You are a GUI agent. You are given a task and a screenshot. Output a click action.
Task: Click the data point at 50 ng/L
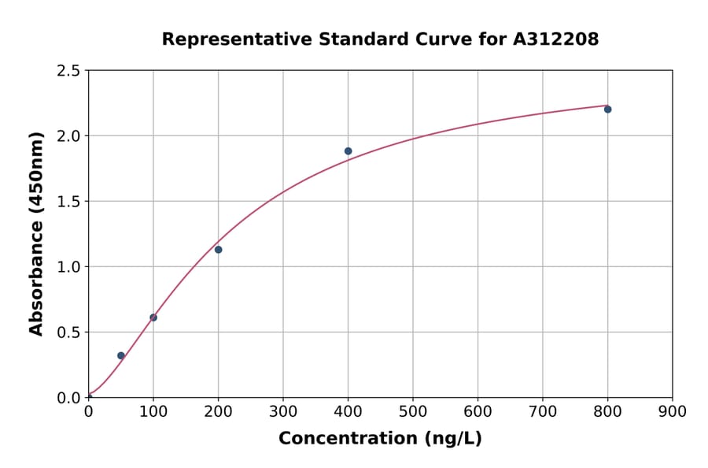pos(121,355)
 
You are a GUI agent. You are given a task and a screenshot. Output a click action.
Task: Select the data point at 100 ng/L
pos(153,318)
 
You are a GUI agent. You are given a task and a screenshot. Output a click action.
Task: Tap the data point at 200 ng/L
pos(218,250)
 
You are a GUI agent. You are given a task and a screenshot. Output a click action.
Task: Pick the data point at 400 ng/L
pos(348,151)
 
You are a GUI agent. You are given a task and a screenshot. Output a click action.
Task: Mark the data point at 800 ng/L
pos(607,110)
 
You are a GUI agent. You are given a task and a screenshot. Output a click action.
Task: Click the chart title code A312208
pos(556,39)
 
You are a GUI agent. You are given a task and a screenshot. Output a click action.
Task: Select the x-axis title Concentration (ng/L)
pos(380,439)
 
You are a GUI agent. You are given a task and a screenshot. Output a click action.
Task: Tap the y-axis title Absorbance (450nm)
pos(36,234)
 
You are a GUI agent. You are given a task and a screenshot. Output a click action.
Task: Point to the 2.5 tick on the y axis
pos(68,71)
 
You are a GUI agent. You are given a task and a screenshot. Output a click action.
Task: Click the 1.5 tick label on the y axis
pos(68,202)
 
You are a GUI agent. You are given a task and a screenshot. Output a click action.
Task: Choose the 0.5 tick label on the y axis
pos(68,332)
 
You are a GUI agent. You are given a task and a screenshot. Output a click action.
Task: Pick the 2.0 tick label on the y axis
pos(68,136)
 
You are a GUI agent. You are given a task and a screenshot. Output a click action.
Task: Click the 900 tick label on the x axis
pos(672,411)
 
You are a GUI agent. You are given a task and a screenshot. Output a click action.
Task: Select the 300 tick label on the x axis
pos(283,411)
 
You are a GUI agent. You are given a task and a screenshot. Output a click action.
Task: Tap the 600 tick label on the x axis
pos(478,411)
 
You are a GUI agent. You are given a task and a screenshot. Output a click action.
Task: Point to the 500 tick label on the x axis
pos(413,411)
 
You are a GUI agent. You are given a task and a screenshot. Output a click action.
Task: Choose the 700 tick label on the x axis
pos(542,411)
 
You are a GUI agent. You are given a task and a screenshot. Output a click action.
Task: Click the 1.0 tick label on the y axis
pos(68,267)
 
